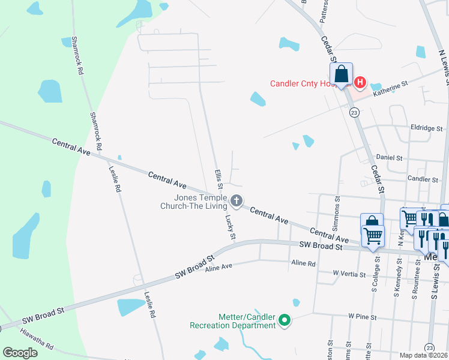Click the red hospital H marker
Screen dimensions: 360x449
click(x=360, y=82)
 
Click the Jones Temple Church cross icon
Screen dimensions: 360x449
click(x=237, y=200)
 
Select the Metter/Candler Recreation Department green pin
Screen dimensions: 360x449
click(x=285, y=321)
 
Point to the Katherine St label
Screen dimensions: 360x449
click(x=390, y=90)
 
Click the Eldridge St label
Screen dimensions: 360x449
click(x=427, y=128)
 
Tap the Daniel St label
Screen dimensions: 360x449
click(x=389, y=157)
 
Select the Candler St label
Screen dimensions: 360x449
click(x=423, y=179)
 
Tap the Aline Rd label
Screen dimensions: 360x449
click(x=303, y=263)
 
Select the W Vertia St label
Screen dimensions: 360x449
click(x=349, y=274)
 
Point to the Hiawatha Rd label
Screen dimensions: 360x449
click(x=37, y=340)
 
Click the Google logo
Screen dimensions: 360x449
click(x=20, y=353)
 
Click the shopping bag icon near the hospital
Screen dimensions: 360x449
click(x=341, y=74)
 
